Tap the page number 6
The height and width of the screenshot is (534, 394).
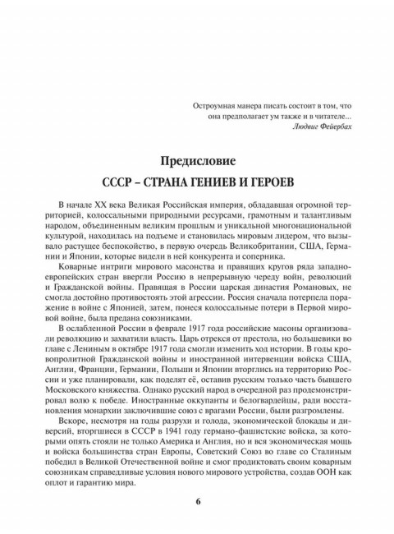coord(196,502)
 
